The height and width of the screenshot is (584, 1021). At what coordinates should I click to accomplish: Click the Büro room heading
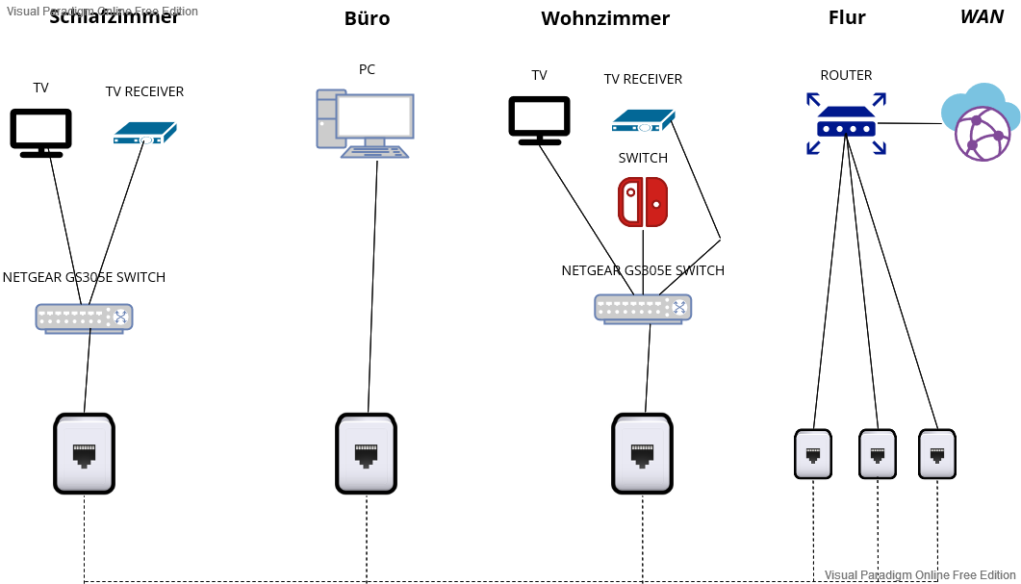point(367,18)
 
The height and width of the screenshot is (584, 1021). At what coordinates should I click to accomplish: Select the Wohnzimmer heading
point(604,18)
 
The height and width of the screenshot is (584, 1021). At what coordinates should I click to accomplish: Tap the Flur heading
point(846,17)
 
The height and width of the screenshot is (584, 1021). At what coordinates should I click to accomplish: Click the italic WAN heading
point(982,17)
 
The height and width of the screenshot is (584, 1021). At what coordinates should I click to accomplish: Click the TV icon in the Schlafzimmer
point(41,132)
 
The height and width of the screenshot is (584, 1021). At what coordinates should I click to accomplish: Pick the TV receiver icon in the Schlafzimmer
point(145,133)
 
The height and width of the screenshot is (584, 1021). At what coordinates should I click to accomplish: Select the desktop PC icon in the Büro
point(365,123)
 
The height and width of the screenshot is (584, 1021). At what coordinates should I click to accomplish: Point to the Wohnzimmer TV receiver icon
point(643,120)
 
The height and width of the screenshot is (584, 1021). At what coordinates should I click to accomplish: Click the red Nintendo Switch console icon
point(642,201)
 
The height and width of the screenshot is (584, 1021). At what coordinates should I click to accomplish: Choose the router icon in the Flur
point(846,123)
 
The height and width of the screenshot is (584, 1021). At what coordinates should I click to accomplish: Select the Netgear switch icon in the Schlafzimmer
point(84,317)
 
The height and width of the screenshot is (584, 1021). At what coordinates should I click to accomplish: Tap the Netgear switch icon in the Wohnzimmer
point(643,308)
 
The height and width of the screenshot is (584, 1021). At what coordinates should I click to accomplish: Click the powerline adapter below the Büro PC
point(366,453)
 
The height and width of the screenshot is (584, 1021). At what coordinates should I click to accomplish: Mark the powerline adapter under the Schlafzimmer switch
point(84,453)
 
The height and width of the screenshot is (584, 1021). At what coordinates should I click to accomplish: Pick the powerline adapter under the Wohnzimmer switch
point(642,453)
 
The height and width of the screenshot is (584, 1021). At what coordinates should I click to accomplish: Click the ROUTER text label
point(846,75)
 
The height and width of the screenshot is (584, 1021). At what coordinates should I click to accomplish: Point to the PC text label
point(367,69)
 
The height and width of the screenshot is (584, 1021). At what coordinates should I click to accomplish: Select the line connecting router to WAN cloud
point(909,123)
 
